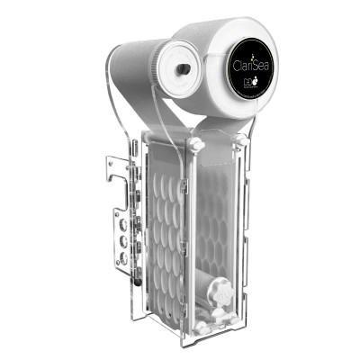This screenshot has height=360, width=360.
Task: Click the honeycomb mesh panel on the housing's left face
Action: pyautogui.click(x=157, y=225)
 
